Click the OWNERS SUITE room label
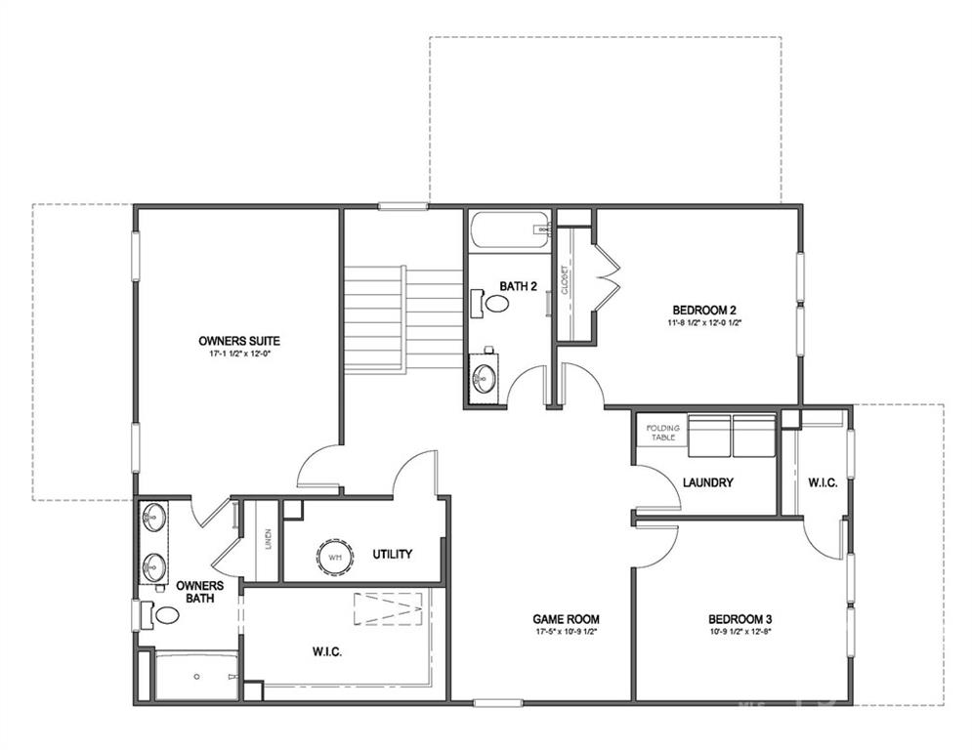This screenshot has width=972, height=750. click(239, 341)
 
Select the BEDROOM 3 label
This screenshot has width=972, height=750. click(740, 619)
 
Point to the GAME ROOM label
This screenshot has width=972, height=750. click(566, 619)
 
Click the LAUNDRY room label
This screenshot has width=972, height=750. click(708, 482)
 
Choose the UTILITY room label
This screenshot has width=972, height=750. click(392, 554)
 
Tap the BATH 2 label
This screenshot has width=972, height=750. click(519, 286)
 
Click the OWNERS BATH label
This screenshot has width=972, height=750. click(199, 592)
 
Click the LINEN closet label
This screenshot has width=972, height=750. click(268, 539)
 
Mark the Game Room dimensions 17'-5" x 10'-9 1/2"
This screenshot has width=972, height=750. click(566, 632)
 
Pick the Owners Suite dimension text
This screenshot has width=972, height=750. click(239, 354)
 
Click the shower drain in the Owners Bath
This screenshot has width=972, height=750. click(196, 676)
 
